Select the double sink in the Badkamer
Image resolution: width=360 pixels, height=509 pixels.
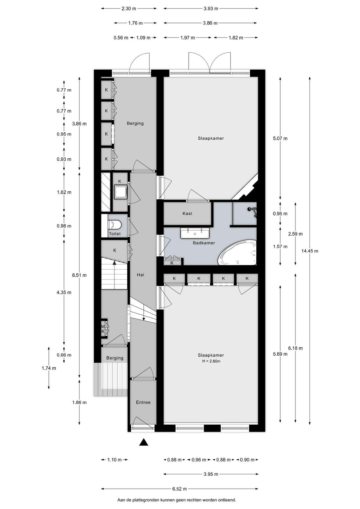[195, 234]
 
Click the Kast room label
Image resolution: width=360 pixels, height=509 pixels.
[187, 213]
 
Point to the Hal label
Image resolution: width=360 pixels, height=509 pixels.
[141, 275]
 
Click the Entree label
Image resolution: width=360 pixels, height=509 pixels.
[143, 402]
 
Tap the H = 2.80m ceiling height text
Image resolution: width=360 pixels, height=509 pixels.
[211, 361]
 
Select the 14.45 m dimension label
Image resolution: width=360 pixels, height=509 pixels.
[310, 251]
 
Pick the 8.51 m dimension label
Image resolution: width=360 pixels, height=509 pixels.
[79, 275]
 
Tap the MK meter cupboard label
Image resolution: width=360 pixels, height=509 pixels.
[103, 329]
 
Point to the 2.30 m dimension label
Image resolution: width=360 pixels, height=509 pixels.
[128, 9]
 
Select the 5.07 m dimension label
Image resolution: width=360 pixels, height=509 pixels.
[280, 138]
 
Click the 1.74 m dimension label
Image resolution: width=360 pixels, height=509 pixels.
[49, 368]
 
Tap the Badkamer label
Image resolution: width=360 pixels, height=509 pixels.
[204, 243]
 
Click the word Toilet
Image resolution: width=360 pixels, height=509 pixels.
[115, 234]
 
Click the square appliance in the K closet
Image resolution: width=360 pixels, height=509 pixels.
[121, 192]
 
